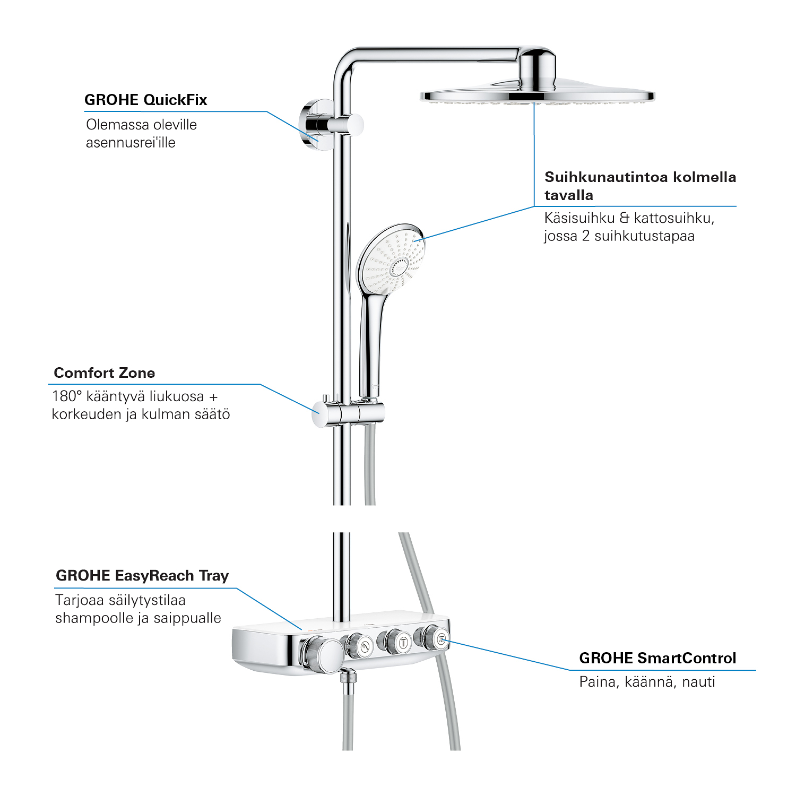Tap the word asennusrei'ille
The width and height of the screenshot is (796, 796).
coord(131,142)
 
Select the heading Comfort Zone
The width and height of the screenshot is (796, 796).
coord(105,373)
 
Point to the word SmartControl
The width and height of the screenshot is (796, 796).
coord(687,658)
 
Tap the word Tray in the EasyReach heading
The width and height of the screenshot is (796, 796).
coord(214,576)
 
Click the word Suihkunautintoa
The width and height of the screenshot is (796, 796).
coord(598,177)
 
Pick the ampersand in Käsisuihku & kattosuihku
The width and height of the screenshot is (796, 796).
coord(625,218)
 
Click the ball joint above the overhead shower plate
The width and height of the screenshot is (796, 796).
coord(538,69)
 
